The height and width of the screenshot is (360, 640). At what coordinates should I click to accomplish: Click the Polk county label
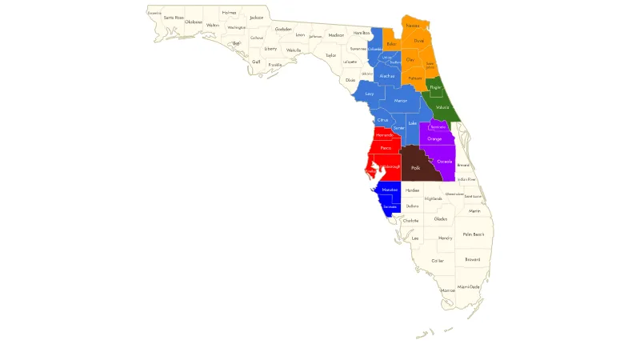(x=415, y=168)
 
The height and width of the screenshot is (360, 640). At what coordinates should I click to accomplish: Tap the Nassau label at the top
(x=413, y=26)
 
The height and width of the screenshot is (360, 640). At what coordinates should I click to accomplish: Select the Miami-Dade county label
(x=469, y=286)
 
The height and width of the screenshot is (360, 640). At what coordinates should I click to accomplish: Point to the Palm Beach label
(x=474, y=234)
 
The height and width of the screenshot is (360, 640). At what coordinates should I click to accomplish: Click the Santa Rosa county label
(x=174, y=17)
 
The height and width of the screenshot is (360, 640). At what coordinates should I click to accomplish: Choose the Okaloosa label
(x=194, y=22)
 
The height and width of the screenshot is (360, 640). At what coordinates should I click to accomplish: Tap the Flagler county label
(x=435, y=86)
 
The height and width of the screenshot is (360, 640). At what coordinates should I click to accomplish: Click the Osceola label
(x=445, y=162)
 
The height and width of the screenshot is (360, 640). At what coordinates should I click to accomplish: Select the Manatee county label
(x=390, y=189)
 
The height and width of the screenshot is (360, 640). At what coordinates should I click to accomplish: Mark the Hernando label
(x=384, y=135)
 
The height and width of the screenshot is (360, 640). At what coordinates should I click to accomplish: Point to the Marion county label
(x=401, y=101)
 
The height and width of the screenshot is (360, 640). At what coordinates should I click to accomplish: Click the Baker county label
(x=391, y=44)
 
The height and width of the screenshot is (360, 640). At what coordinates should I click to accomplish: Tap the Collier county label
(x=438, y=261)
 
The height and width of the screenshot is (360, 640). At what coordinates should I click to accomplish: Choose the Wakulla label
(x=294, y=50)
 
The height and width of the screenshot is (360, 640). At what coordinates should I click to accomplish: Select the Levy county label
(x=369, y=94)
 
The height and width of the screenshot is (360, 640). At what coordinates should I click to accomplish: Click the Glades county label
(x=441, y=218)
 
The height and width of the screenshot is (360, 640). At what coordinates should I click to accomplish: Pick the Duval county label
(x=418, y=40)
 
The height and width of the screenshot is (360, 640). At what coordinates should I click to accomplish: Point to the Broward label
(x=473, y=259)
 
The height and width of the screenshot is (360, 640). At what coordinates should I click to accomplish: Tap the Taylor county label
(x=330, y=55)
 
